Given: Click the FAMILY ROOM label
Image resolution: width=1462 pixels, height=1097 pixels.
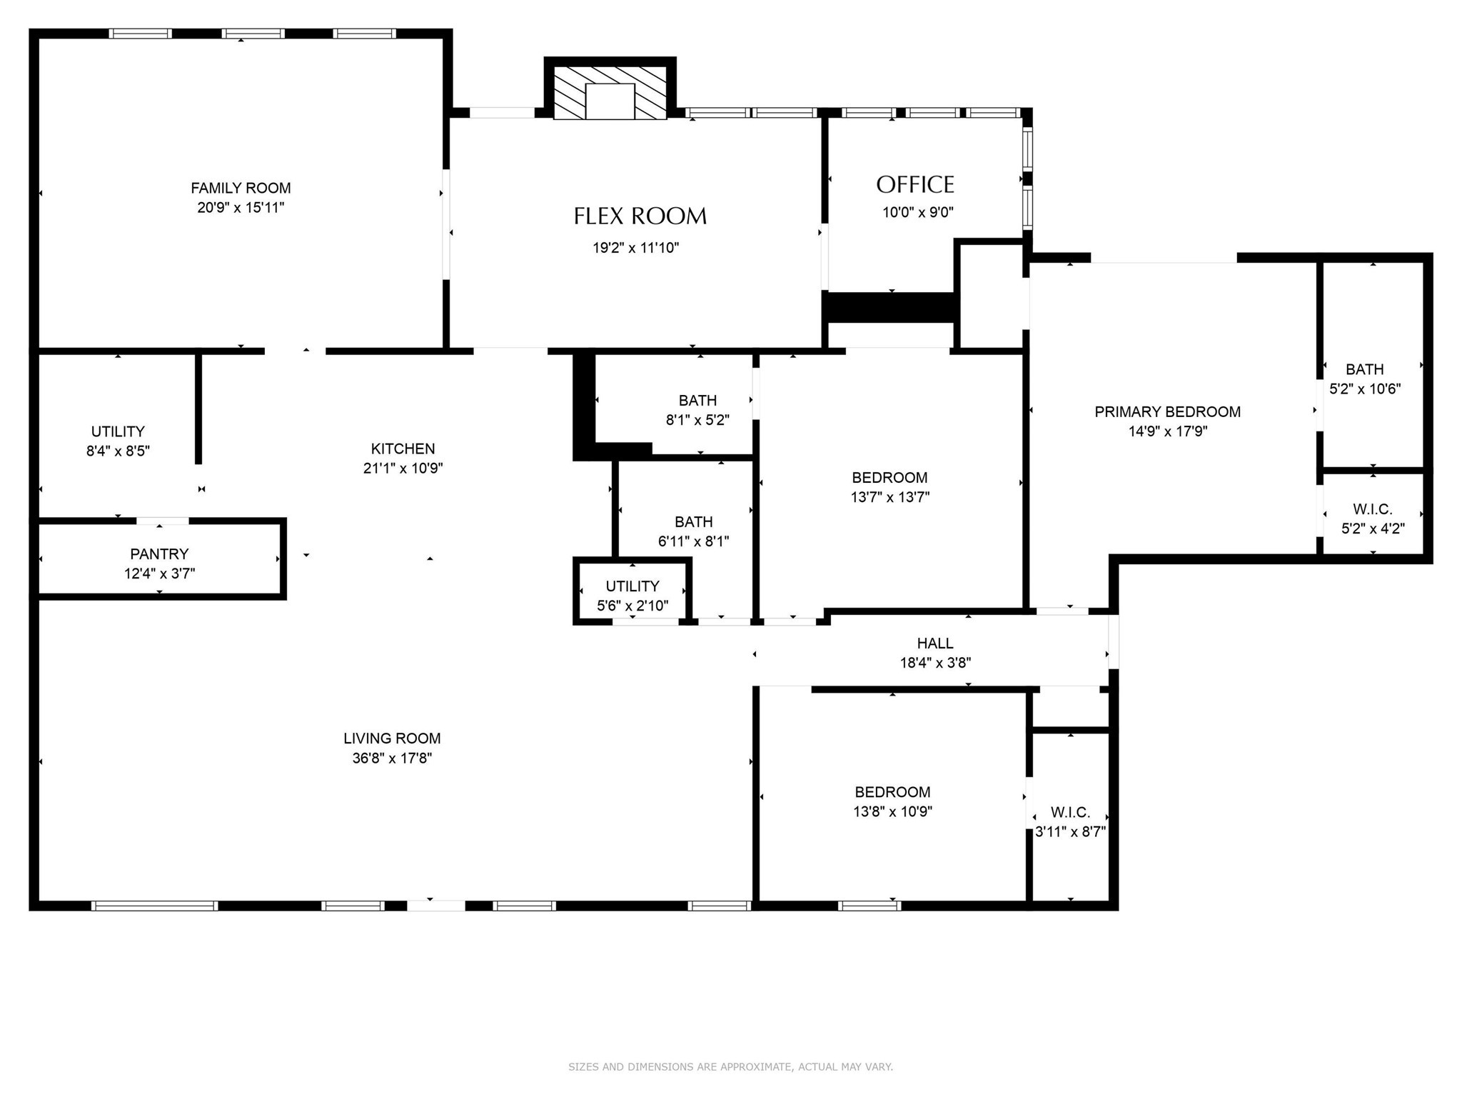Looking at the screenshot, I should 241,189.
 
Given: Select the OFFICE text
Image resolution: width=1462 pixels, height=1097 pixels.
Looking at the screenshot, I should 915,185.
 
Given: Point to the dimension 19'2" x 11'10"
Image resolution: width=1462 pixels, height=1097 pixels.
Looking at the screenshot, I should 635,248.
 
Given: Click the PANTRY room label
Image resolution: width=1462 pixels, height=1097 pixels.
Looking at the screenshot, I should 159,554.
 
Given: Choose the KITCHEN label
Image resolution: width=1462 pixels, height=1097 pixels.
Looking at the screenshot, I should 403,449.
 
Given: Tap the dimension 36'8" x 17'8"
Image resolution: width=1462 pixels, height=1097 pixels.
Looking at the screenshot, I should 392,758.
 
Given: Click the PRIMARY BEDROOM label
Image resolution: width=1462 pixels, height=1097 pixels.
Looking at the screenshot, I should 1167,412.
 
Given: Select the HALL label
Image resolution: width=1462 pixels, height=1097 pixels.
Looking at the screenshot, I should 935,643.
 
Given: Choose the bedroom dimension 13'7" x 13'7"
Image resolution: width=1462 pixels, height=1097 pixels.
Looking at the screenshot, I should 889,497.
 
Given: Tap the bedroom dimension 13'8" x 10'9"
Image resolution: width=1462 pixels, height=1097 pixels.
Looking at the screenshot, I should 892,811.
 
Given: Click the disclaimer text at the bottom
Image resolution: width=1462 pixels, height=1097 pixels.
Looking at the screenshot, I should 730,1067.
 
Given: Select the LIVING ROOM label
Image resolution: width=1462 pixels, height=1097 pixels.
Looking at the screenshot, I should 392,738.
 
